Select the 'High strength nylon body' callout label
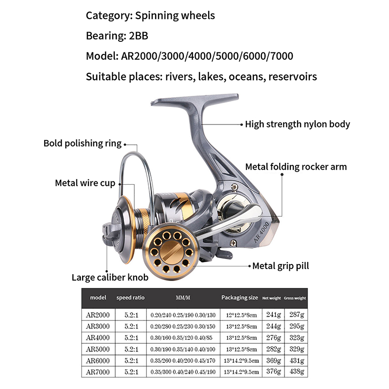click(297, 124)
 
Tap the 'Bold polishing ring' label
click(82, 143)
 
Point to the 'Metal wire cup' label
click(85, 183)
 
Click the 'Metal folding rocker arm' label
click(296, 167)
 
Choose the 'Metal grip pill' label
click(281, 266)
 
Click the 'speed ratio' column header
click(130, 298)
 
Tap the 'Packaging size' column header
click(239, 298)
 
